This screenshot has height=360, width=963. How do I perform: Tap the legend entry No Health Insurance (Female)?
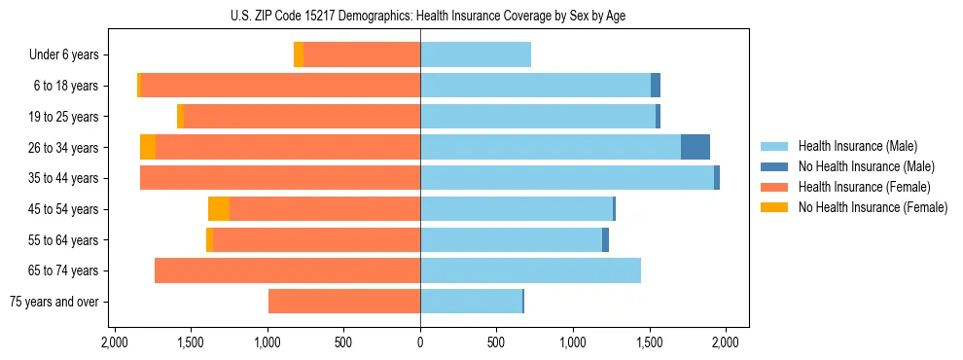[872, 207]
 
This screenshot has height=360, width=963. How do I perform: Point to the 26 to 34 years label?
[63, 148]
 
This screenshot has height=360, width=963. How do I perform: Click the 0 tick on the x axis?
[420, 342]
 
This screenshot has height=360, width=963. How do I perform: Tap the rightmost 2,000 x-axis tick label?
[726, 342]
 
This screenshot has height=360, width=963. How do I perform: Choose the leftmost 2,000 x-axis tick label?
[115, 342]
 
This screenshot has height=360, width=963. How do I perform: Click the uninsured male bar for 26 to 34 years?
[695, 147]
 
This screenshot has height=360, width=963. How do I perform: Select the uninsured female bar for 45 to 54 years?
[219, 209]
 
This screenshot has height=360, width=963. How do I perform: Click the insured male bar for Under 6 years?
[476, 54]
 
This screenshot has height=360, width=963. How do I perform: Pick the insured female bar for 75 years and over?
[344, 302]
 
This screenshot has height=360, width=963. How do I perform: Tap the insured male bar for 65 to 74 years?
[530, 270]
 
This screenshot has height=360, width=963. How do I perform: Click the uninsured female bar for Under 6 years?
[299, 54]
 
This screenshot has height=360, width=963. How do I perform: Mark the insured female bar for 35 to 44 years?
[280, 178]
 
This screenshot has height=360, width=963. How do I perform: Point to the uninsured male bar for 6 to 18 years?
[656, 86]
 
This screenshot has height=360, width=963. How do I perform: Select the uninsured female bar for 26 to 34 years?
[148, 147]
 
